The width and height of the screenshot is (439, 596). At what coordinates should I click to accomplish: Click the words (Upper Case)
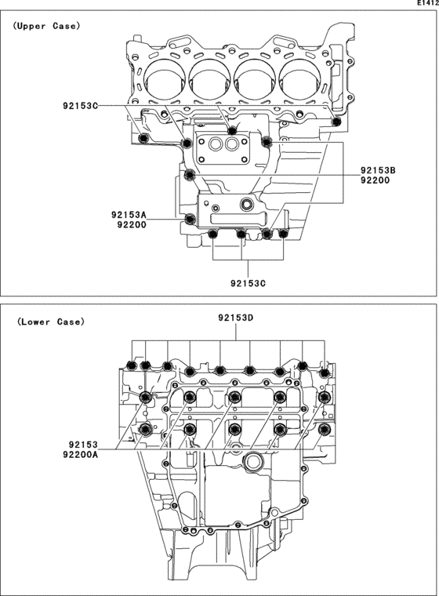coord(46,26)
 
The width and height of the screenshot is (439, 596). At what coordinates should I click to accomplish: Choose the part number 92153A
coord(129,213)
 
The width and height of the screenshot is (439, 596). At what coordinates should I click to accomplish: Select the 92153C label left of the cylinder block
coord(82,104)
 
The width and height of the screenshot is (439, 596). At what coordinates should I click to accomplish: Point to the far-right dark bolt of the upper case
coord(336,121)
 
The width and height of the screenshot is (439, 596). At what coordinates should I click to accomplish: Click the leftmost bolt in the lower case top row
coord(131,365)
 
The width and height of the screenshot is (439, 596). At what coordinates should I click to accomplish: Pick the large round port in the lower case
coord(252,463)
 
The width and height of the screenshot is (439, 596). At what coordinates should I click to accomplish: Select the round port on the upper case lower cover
coord(249,206)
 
